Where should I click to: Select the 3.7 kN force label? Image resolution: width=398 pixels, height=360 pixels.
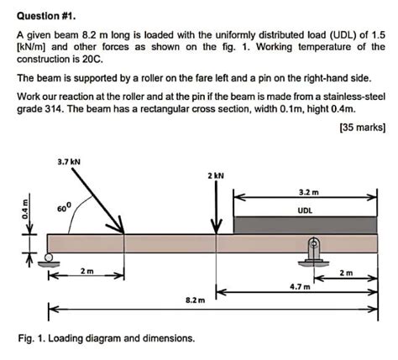pyautogui.click(x=68, y=159)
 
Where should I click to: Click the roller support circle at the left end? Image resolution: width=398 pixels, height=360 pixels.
pyautogui.click(x=52, y=258)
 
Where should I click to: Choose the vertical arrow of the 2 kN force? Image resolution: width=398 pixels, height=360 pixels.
pyautogui.click(x=217, y=206)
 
